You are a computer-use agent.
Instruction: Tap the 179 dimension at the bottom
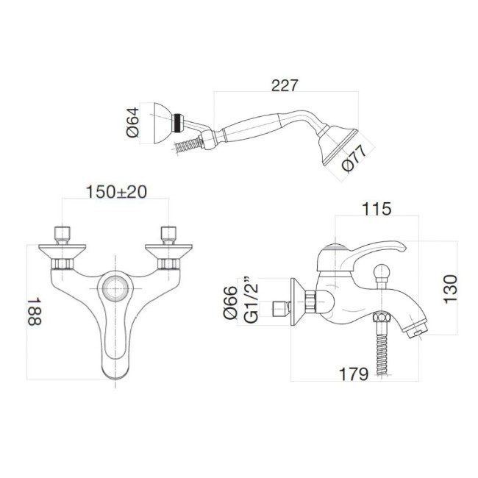pyautogui.click(x=354, y=374)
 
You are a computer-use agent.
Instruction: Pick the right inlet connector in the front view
pyautogui.click(x=170, y=235)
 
